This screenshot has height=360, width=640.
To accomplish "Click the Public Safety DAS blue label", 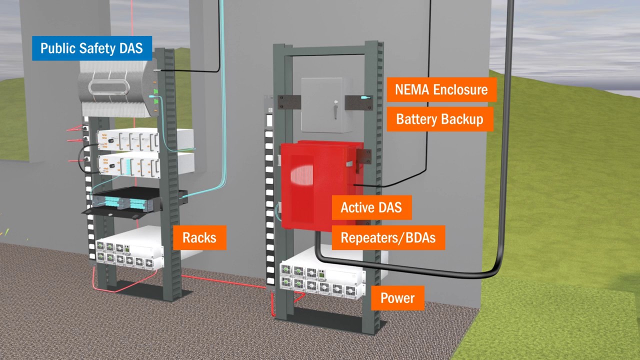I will click(91, 48).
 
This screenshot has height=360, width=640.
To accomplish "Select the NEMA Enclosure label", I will click(441, 89).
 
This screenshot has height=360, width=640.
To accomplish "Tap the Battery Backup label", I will click(439, 119).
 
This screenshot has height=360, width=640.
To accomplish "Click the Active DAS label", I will click(371, 207).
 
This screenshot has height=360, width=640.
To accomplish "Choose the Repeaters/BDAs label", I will click(388, 237).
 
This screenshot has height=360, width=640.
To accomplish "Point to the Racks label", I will click(199, 237).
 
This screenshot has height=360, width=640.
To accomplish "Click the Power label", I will click(397, 298).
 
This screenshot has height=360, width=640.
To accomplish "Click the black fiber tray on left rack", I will click(132, 202).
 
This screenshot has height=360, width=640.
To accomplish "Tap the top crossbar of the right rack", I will click(328, 50).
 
